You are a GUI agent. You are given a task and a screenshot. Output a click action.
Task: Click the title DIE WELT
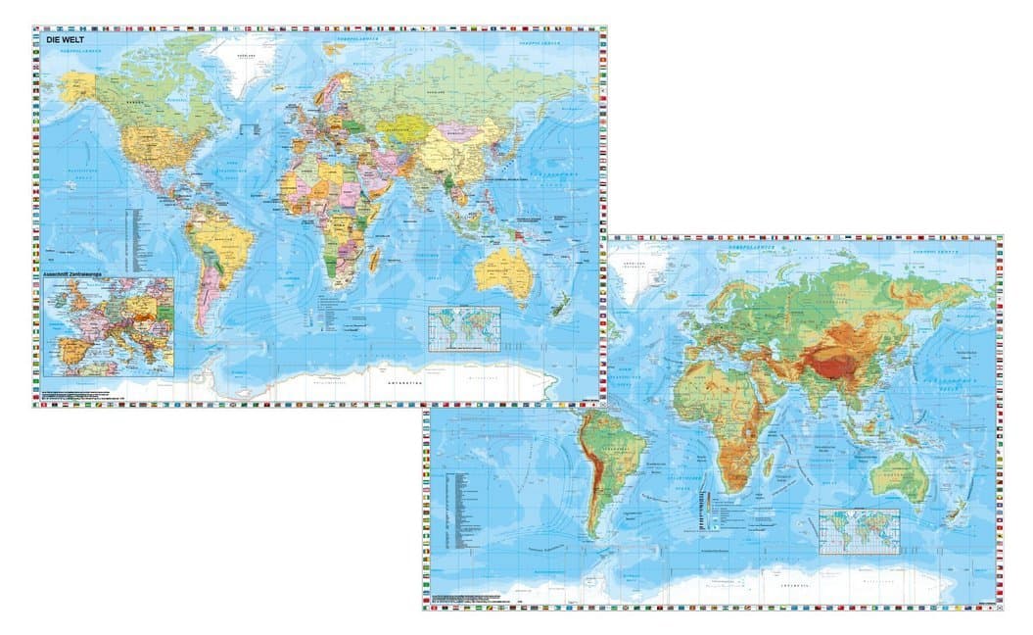tap(65, 40)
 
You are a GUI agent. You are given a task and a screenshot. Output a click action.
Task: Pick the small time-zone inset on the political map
tap(464, 326)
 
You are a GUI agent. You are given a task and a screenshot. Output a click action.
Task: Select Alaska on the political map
tap(83, 88)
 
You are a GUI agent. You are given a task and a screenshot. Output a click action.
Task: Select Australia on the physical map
tap(895, 476)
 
